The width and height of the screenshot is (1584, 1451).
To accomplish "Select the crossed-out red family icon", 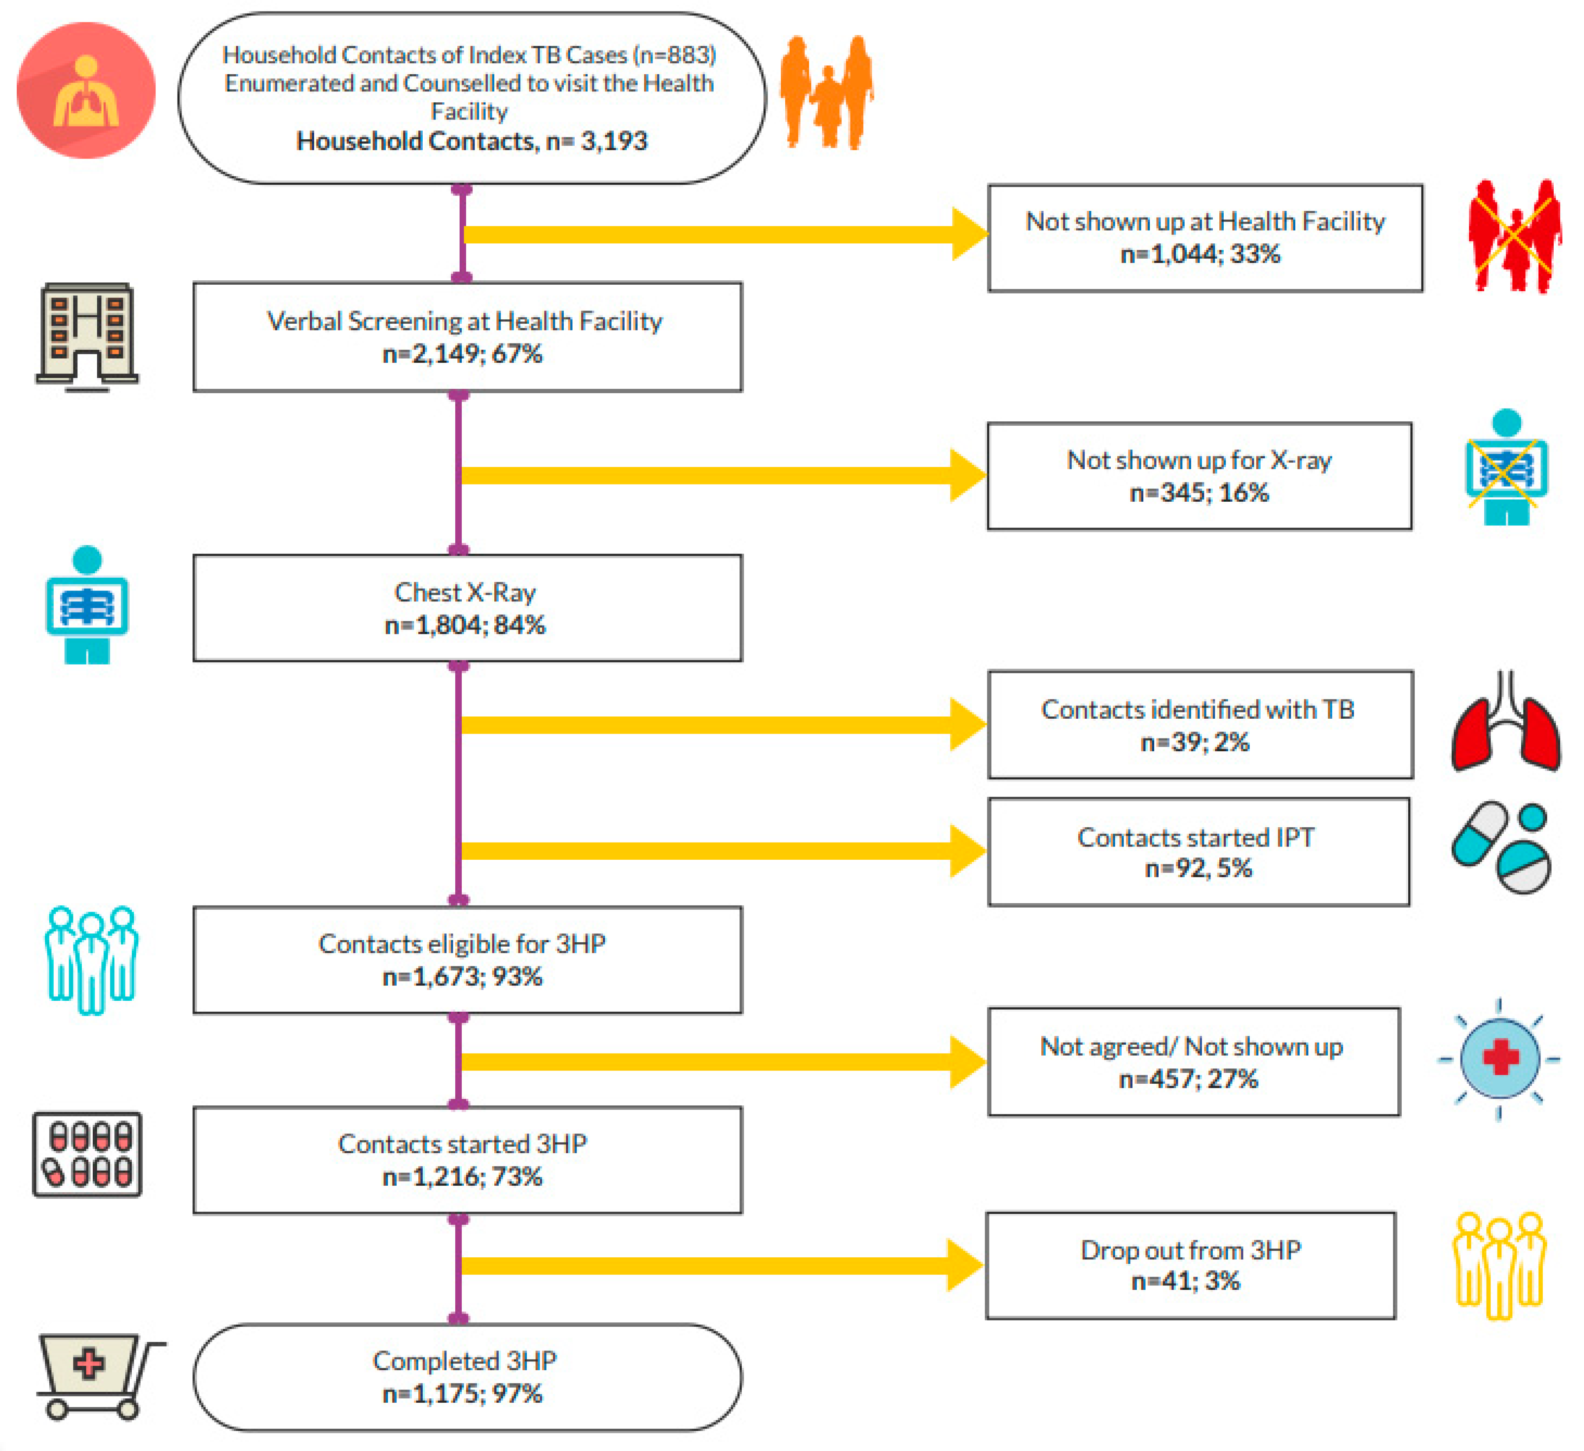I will pos(1514,235).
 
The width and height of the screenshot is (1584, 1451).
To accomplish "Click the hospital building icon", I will pos(87,336).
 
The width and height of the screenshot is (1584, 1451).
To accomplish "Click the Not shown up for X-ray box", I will pos(1199,476).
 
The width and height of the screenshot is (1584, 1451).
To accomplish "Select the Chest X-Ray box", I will pos(467,608).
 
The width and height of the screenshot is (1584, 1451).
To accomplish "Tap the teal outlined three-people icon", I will pos(91,959).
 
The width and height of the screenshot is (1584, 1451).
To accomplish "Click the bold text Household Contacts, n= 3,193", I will pos(471,141).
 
